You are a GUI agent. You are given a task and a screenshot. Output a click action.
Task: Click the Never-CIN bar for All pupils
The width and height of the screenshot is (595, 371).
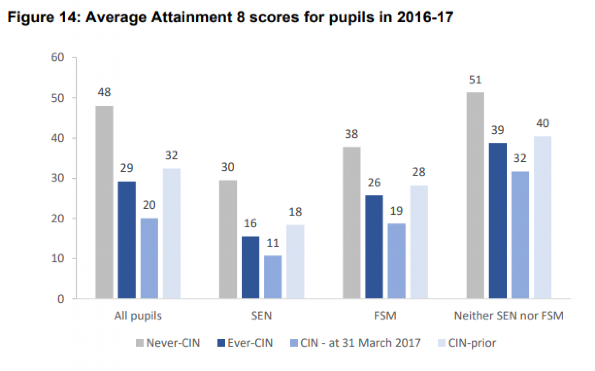click(104, 202)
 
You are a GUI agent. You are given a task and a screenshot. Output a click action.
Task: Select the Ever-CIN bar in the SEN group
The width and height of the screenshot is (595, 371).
click(250, 267)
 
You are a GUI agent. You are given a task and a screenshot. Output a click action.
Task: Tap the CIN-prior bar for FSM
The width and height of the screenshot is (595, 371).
click(419, 242)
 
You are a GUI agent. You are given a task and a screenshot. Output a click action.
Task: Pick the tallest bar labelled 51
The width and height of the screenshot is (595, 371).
click(475, 195)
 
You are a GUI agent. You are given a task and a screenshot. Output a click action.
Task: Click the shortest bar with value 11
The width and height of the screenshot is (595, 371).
click(273, 277)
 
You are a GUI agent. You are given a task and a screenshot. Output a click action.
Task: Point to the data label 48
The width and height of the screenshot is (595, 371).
click(104, 92)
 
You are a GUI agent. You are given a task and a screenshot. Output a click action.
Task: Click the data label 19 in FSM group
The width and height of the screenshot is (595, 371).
click(396, 211)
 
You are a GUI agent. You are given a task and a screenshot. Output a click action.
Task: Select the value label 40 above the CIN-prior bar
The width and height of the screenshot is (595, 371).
click(543, 123)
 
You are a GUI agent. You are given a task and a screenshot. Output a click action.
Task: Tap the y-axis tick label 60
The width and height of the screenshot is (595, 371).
click(58, 57)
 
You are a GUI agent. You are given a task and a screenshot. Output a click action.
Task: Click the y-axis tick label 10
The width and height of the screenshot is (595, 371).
click(58, 258)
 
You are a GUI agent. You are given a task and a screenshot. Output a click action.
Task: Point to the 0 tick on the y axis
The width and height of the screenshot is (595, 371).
click(61, 299)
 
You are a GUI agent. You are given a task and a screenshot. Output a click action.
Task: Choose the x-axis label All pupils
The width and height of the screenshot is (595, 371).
click(138, 316)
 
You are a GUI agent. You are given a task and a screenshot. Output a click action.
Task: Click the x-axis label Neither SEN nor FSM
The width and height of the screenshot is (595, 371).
click(509, 316)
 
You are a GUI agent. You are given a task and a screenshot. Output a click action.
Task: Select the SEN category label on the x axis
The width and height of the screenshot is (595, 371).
click(261, 316)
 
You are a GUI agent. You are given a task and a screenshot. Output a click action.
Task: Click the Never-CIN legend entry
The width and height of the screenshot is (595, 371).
click(173, 343)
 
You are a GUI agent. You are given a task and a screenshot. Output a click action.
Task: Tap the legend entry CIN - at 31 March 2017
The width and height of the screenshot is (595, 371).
click(360, 343)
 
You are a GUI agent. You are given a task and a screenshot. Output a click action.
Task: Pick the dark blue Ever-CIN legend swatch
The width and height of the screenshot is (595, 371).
click(221, 343)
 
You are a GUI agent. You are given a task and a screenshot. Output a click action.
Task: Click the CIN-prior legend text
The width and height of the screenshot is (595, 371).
click(472, 343)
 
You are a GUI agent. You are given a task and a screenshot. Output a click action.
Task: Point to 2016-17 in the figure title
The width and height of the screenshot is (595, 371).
click(425, 17)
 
